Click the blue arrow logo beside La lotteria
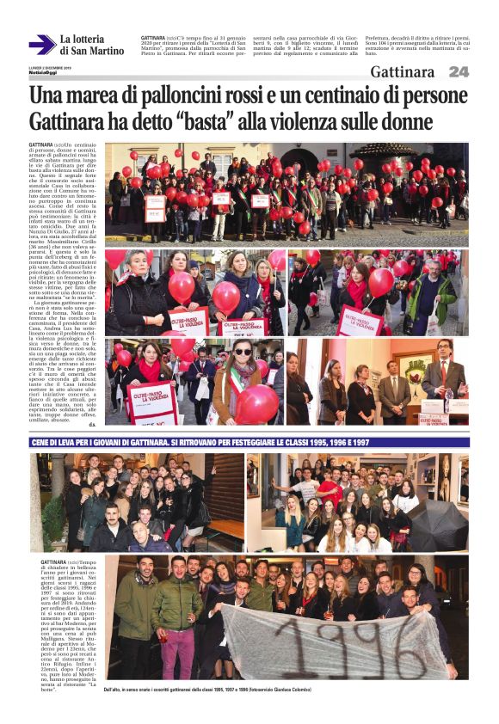[41, 45]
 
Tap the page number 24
[458, 72]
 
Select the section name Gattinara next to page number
[402, 72]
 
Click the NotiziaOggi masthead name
[43, 72]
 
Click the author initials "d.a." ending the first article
[92, 424]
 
